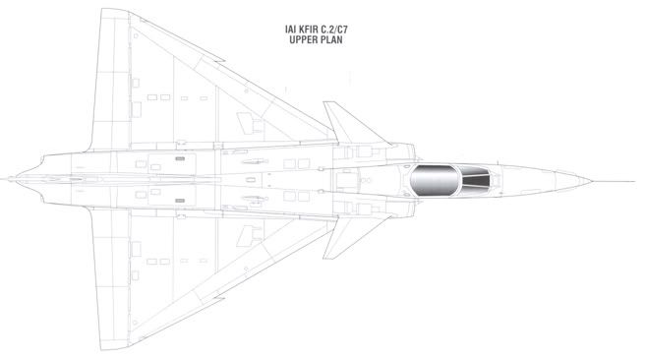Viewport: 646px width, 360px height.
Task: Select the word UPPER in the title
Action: [303, 40]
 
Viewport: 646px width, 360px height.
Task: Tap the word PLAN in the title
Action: [330, 40]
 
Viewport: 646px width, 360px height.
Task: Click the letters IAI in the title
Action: [289, 30]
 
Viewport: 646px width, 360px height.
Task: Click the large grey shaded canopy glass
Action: [435, 180]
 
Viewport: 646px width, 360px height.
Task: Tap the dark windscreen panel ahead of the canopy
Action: [476, 180]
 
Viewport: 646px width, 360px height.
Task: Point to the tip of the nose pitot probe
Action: [634, 181]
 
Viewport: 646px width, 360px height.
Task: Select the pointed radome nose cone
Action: [572, 181]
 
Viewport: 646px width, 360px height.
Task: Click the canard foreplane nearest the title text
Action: [350, 124]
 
